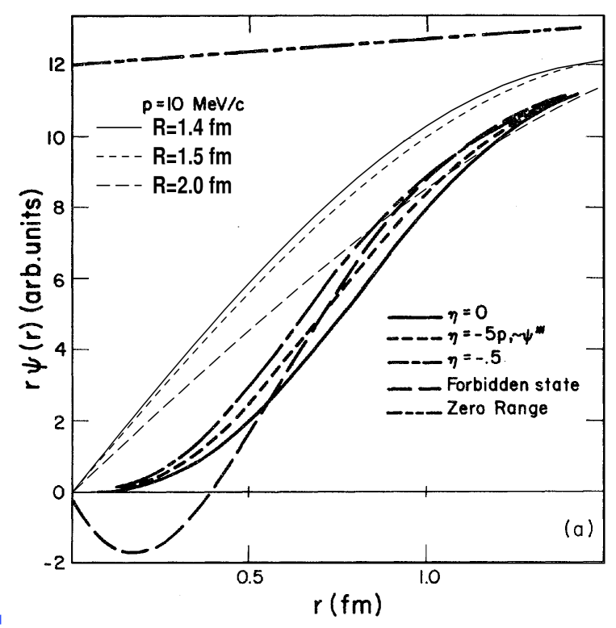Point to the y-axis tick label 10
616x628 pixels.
click(x=55, y=136)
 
